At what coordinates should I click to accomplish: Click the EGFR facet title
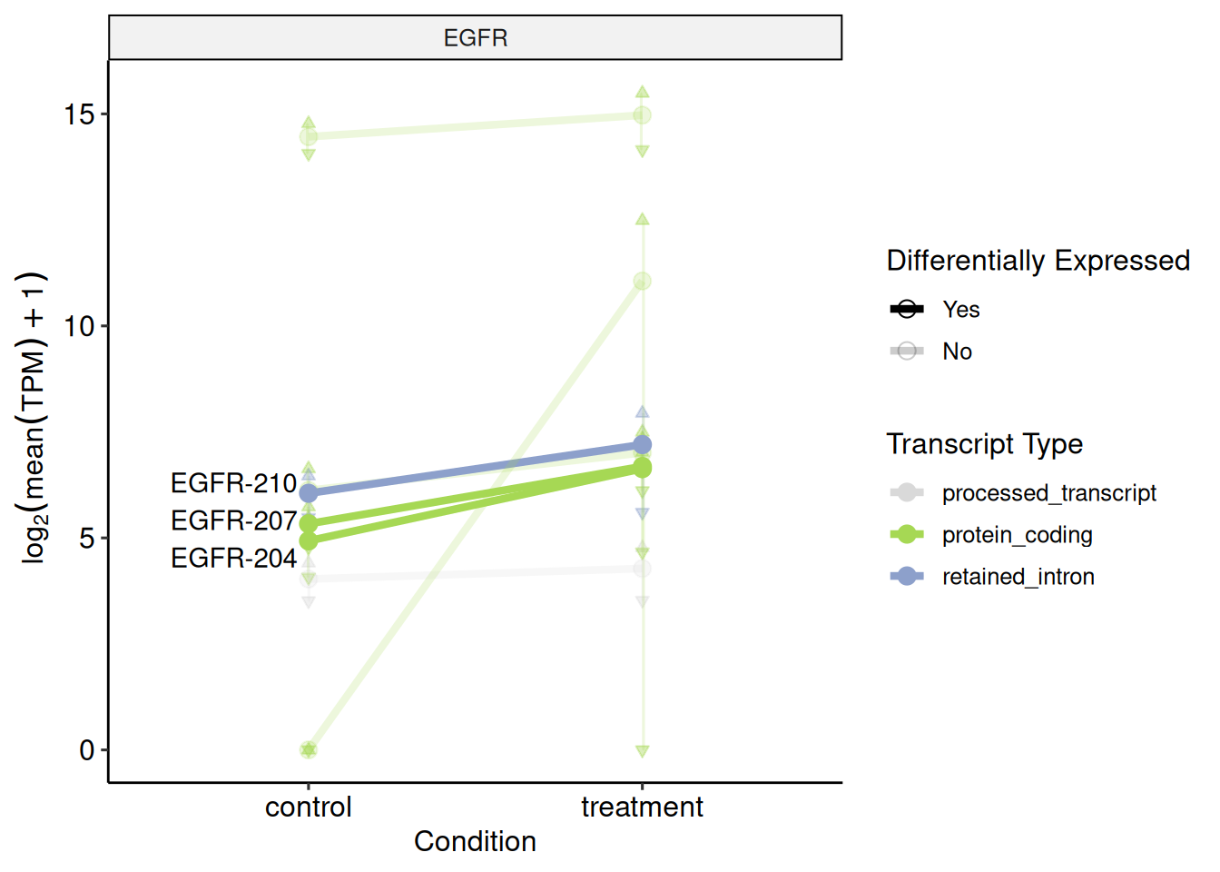pyautogui.click(x=475, y=38)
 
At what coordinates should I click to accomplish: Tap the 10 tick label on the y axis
pyautogui.click(x=80, y=326)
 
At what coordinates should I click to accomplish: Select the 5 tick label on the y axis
pyautogui.click(x=87, y=538)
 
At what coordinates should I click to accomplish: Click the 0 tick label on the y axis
pyautogui.click(x=87, y=750)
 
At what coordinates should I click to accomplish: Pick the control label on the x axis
pyautogui.click(x=308, y=807)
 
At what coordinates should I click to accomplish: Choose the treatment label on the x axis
pyautogui.click(x=642, y=807)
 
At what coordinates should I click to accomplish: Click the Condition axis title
pyautogui.click(x=475, y=841)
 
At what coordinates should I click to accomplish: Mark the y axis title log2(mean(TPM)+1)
pyautogui.click(x=34, y=418)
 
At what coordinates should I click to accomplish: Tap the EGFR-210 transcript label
pyautogui.click(x=233, y=483)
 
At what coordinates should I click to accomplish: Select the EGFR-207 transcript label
pyautogui.click(x=233, y=520)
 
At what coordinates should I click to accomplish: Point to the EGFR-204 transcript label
pyautogui.click(x=233, y=558)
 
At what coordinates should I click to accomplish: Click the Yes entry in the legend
pyautogui.click(x=960, y=310)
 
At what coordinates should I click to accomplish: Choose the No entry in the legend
pyautogui.click(x=957, y=352)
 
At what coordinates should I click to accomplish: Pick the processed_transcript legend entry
pyautogui.click(x=1048, y=493)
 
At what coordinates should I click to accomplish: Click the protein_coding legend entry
pyautogui.click(x=1017, y=535)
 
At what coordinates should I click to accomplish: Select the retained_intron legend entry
pyautogui.click(x=1018, y=577)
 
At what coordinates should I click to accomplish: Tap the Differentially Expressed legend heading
pyautogui.click(x=1038, y=261)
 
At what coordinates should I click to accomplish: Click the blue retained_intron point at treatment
pyautogui.click(x=642, y=445)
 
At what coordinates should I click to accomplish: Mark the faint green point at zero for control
pyautogui.click(x=309, y=749)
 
